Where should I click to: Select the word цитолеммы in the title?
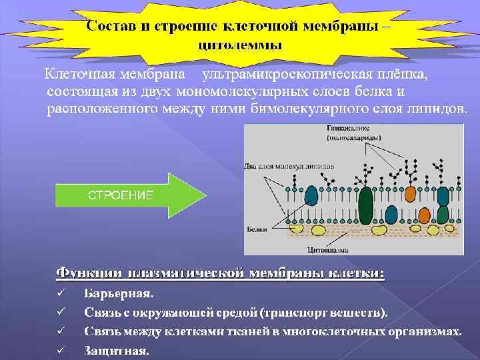[x=241, y=46]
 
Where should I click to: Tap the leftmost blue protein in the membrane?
[x=311, y=195]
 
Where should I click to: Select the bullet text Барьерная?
[x=119, y=293]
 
